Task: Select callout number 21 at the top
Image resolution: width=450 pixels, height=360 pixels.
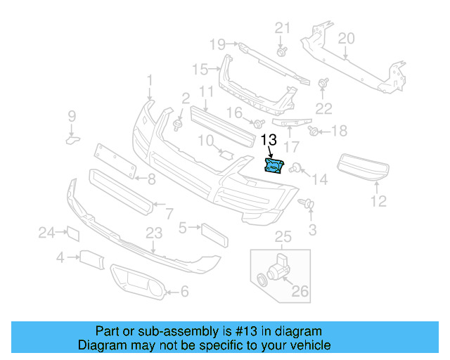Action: [282, 28]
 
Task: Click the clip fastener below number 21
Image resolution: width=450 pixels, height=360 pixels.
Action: [282, 52]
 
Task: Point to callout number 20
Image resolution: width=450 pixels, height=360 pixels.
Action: [346, 39]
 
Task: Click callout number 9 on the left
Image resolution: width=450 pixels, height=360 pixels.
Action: [71, 116]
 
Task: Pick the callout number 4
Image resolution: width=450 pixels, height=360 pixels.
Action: [61, 259]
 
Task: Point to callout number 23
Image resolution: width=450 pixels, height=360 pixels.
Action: [154, 233]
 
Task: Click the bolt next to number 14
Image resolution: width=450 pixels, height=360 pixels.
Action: [297, 168]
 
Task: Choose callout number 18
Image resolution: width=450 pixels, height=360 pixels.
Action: [339, 131]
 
